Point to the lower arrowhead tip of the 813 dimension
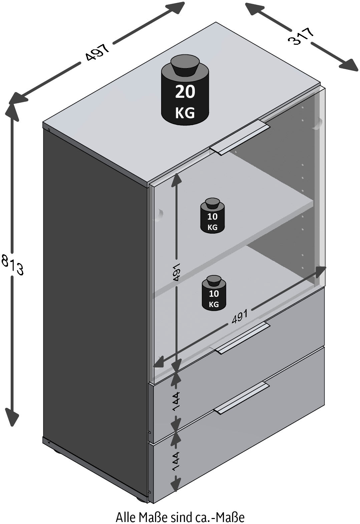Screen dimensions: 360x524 pyautogui.click(x=12, y=426)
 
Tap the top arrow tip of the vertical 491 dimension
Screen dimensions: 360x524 pyautogui.click(x=176, y=173)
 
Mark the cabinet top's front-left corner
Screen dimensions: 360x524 pyautogui.click(x=43, y=122)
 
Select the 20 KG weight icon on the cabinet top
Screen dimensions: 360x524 pyautogui.click(x=185, y=90)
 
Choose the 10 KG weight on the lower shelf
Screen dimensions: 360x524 pyautogui.click(x=214, y=293)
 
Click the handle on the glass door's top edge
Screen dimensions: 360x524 pyautogui.click(x=240, y=137)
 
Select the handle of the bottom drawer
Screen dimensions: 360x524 pyautogui.click(x=241, y=398)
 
